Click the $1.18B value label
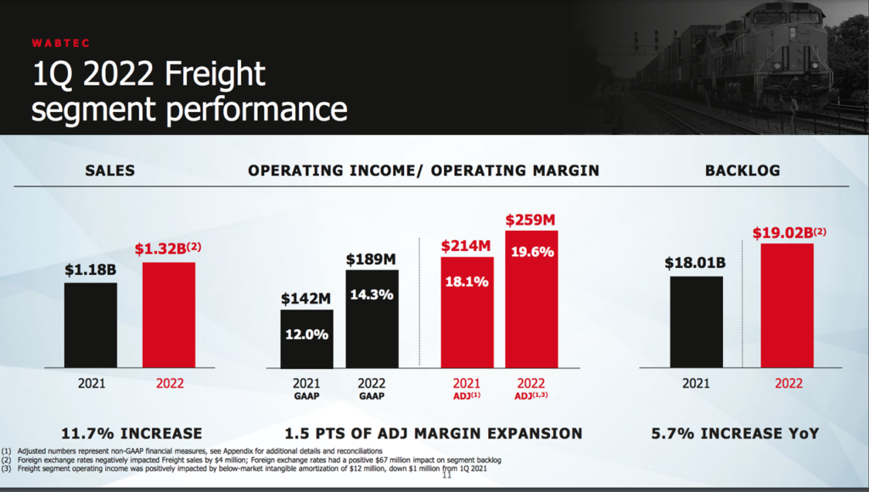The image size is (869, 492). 91,270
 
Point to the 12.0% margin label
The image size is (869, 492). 307,334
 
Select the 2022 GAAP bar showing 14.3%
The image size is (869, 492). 372,318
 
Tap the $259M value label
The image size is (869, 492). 531,220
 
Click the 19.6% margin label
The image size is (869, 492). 532,252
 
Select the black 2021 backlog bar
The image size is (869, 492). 697,321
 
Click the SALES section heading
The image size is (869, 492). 110,171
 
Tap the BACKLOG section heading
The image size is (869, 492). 743,171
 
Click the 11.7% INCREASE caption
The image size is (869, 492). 134,433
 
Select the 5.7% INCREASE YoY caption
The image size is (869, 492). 735,433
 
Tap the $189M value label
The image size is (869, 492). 372,259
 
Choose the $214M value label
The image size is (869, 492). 466,246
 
